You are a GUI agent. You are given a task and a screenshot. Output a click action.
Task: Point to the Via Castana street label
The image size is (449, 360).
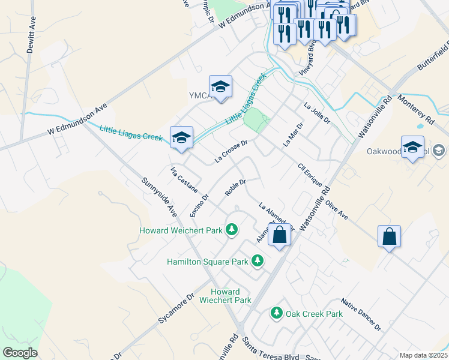(184, 179)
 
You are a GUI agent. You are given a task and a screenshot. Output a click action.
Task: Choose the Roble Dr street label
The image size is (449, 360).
(236, 187)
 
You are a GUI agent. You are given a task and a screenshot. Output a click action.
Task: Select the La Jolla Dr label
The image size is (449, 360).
(318, 112)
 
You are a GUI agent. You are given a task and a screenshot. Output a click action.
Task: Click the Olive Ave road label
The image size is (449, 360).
(337, 205)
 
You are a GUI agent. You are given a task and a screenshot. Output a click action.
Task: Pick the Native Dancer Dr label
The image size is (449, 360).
(361, 314)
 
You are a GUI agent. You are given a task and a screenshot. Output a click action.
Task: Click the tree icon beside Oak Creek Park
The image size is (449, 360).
(276, 313)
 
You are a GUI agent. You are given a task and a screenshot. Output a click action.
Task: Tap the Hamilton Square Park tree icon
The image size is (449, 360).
(258, 260)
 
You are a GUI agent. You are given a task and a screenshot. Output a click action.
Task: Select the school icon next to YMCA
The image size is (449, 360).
(220, 86)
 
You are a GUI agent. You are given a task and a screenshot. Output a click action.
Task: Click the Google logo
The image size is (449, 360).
(20, 353)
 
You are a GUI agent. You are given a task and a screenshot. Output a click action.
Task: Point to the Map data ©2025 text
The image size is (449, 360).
(423, 355)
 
